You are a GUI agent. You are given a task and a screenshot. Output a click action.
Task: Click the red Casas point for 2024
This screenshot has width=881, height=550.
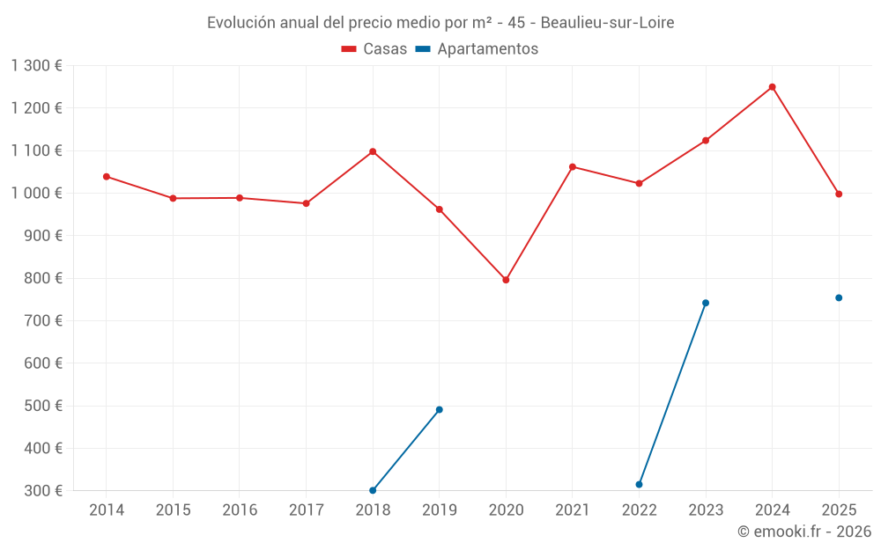(772, 87)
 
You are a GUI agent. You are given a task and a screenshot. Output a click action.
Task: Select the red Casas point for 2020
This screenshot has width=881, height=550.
(506, 280)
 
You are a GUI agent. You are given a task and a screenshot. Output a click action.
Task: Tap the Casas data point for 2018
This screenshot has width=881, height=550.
(373, 151)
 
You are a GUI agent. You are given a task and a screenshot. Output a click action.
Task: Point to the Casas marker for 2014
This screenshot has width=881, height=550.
(107, 177)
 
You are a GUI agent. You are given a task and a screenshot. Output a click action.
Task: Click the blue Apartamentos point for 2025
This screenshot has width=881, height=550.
(839, 297)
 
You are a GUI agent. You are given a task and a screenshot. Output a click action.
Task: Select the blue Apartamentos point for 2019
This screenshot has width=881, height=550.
(439, 409)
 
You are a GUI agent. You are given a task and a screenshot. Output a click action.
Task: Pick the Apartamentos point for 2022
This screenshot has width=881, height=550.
(639, 484)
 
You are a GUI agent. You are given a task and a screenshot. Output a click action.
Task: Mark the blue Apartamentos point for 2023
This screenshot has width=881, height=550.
(706, 303)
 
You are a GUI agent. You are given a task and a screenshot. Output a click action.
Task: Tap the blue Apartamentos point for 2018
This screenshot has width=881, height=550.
(373, 490)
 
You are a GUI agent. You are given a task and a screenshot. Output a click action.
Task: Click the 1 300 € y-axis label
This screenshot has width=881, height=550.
(37, 66)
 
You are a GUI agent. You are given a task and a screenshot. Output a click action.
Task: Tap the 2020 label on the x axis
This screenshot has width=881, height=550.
(506, 510)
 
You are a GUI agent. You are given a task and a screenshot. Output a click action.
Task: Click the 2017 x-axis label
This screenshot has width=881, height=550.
(306, 510)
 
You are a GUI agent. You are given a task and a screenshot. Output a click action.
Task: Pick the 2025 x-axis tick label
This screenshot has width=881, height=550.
(839, 510)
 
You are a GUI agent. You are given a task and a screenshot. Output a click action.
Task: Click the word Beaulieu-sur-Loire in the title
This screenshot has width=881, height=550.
(607, 23)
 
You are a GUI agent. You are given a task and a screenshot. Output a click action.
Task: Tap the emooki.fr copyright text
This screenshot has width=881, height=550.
(804, 532)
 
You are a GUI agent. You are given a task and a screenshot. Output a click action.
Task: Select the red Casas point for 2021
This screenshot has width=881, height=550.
(573, 167)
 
